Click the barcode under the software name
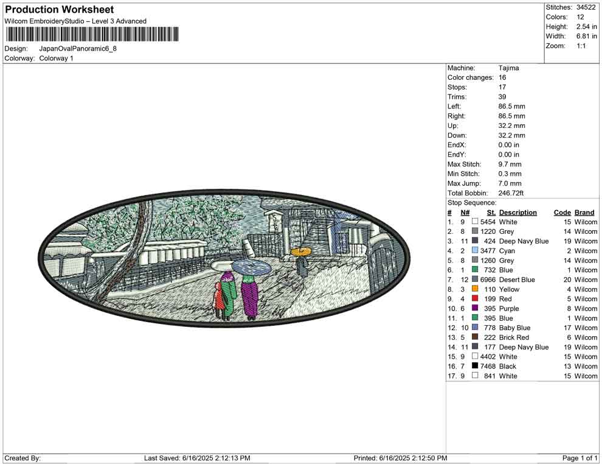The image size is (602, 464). (x=92, y=34)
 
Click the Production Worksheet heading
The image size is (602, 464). (x=60, y=9)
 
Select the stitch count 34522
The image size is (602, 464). (x=586, y=7)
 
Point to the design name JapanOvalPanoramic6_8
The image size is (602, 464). (x=78, y=49)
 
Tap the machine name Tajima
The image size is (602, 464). (x=509, y=68)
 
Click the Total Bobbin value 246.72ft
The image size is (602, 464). (x=511, y=193)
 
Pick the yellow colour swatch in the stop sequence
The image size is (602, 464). (x=475, y=289)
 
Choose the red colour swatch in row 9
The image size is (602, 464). (x=475, y=298)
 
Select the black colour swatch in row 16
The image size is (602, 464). (x=475, y=366)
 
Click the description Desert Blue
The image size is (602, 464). (x=517, y=279)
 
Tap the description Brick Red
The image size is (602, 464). (x=514, y=337)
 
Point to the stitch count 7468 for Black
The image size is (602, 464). (x=488, y=366)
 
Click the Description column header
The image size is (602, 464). (x=518, y=213)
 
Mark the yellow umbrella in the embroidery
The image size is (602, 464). (x=301, y=251)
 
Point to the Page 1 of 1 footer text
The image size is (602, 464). (x=580, y=458)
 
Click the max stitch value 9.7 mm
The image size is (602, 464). (x=510, y=164)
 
